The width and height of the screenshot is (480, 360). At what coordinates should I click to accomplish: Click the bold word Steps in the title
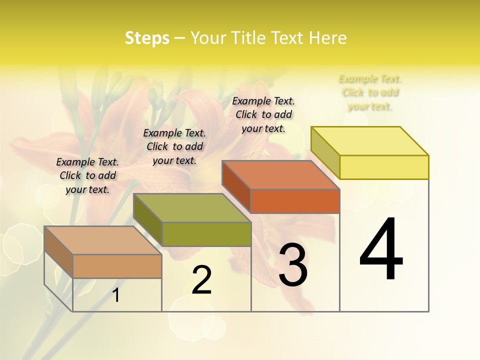(x=147, y=38)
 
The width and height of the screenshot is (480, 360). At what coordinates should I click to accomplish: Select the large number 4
(x=381, y=250)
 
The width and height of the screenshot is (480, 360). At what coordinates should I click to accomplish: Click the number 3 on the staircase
(x=293, y=265)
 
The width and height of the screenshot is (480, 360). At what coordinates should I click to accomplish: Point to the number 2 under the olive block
(x=202, y=280)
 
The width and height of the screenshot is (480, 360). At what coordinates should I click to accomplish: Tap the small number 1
(x=116, y=295)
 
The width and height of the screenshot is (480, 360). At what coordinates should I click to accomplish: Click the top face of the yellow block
(x=370, y=140)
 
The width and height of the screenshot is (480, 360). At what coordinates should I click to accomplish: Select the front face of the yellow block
(x=384, y=167)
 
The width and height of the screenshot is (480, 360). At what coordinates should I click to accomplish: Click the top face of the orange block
(x=281, y=175)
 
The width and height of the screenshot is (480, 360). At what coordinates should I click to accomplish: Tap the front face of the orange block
(x=295, y=201)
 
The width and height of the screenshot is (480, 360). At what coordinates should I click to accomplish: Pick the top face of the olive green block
(x=192, y=208)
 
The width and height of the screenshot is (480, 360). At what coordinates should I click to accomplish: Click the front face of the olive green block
(x=206, y=234)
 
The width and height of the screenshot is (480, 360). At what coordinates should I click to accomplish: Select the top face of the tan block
(x=103, y=240)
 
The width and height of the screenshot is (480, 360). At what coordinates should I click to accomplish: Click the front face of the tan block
(x=117, y=266)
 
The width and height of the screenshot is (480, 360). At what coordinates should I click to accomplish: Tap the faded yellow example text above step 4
(x=370, y=92)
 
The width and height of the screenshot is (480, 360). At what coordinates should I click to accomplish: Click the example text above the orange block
(x=263, y=114)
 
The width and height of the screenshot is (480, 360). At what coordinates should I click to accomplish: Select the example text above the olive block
(x=174, y=146)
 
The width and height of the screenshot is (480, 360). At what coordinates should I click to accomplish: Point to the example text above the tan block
(x=87, y=175)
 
